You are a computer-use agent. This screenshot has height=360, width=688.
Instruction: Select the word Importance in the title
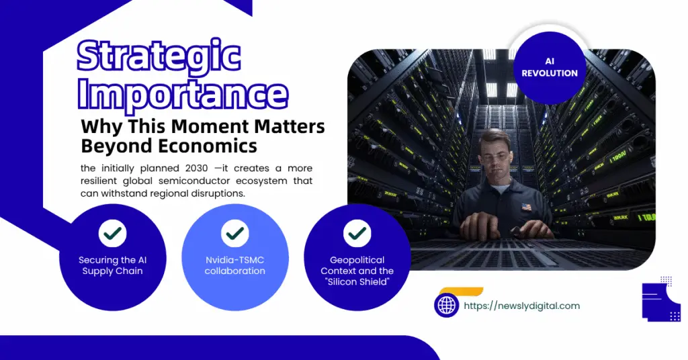point(183,95)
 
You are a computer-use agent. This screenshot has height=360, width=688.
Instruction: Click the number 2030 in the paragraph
point(197,169)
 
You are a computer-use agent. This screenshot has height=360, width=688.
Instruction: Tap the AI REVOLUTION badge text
point(550,68)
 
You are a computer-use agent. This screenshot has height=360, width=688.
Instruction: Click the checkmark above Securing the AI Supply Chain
point(113,233)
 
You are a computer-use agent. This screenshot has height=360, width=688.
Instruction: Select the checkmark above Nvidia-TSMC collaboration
point(234,233)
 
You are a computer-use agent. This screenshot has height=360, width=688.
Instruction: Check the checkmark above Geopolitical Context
point(357,233)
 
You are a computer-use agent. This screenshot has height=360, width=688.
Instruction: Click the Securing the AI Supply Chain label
point(113,266)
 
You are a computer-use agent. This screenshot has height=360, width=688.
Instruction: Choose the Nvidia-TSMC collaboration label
point(234,266)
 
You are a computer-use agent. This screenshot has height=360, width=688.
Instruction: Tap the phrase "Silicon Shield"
point(357,282)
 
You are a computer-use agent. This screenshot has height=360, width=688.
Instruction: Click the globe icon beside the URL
point(447,305)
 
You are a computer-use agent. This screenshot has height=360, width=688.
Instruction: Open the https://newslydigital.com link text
point(521,306)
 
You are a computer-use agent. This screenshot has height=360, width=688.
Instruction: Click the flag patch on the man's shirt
point(525,207)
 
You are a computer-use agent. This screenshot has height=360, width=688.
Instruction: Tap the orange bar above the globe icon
point(461,291)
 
